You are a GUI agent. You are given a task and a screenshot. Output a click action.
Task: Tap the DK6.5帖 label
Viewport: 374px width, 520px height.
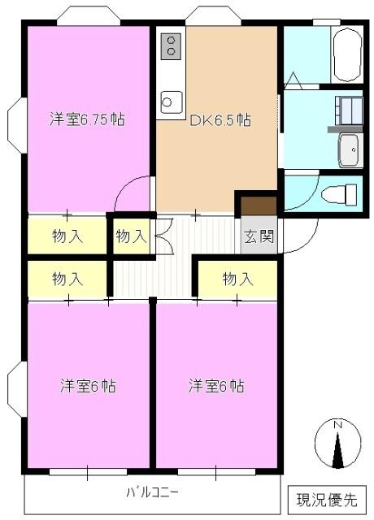[220, 120]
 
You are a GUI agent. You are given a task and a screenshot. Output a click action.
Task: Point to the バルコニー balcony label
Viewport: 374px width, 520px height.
[152, 492]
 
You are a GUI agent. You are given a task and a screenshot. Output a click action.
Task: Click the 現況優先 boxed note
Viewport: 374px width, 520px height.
[325, 497]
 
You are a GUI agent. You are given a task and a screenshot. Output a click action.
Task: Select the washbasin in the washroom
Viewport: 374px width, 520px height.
[349, 149]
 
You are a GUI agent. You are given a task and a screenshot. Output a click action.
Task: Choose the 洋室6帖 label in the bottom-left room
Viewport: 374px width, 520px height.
[87, 386]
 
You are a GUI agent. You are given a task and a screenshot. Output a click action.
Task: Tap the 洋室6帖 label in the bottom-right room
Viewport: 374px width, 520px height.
[216, 386]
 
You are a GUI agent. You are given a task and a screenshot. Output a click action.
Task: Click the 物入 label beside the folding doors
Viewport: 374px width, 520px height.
[131, 236]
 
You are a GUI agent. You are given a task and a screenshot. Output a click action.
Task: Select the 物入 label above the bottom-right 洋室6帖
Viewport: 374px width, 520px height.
[237, 279]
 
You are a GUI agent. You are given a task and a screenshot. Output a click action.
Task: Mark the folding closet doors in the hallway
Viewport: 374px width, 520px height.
[160, 236]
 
